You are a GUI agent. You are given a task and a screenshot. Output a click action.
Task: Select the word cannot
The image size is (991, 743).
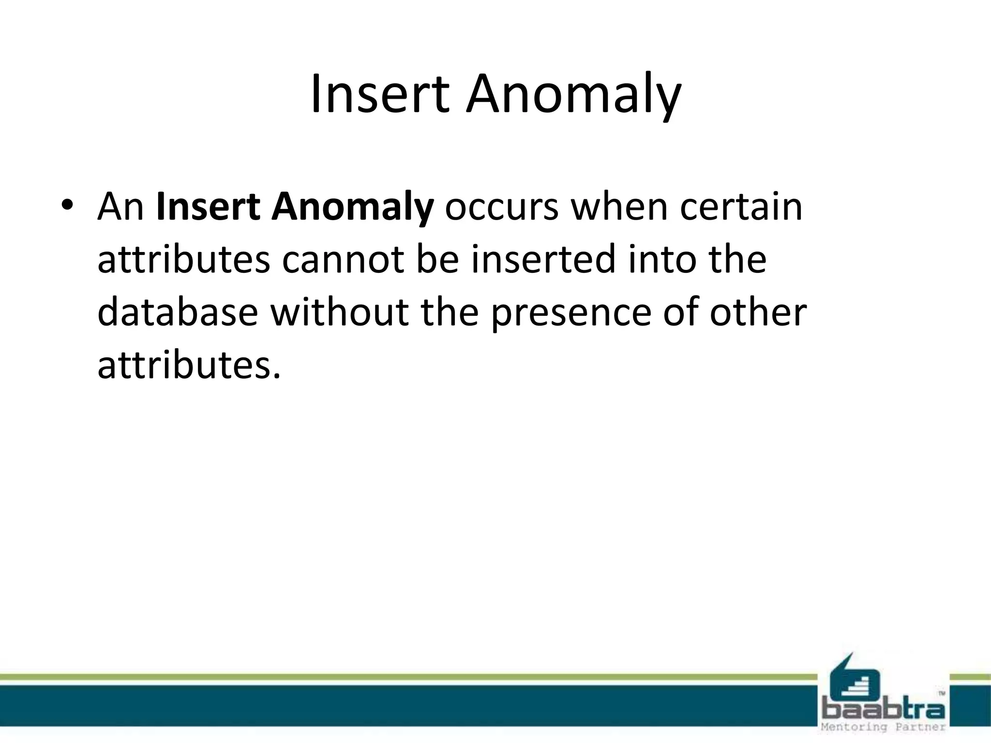point(343,260)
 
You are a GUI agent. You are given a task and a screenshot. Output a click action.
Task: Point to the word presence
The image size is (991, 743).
point(571,314)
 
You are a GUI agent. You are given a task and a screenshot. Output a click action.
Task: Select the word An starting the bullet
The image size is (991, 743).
point(120,207)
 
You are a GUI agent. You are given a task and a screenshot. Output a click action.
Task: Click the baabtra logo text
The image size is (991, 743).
point(884,710)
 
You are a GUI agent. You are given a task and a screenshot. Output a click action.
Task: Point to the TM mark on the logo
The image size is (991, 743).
point(942,693)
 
